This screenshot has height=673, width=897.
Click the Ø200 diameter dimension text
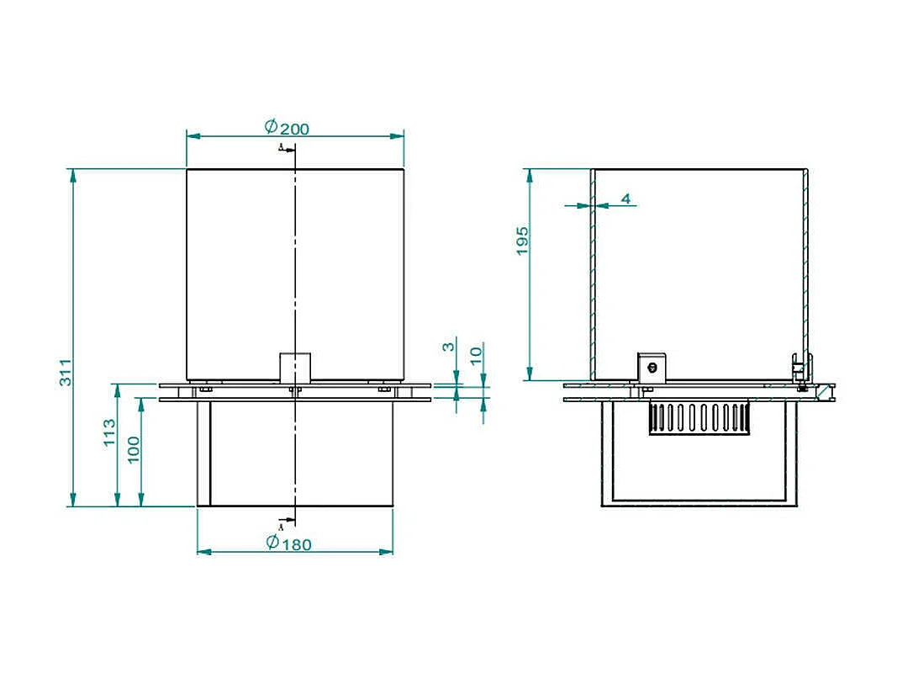pyautogui.click(x=287, y=128)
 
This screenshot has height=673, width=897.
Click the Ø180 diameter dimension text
pyautogui.click(x=288, y=543)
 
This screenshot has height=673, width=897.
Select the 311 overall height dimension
pyautogui.click(x=66, y=374)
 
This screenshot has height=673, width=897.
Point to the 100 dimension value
pyautogui.click(x=133, y=450)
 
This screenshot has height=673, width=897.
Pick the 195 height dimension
pyautogui.click(x=522, y=241)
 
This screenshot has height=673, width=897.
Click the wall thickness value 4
pyautogui.click(x=625, y=199)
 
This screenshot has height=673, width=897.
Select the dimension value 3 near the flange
pyautogui.click(x=449, y=347)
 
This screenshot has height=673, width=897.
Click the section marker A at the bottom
pyautogui.click(x=281, y=527)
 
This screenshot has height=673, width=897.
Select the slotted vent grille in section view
pyautogui.click(x=698, y=418)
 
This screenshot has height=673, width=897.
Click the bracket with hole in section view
pyautogui.click(x=651, y=367)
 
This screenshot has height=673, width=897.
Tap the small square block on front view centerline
pyautogui.click(x=295, y=367)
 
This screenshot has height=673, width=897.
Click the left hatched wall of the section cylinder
pyautogui.click(x=593, y=278)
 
